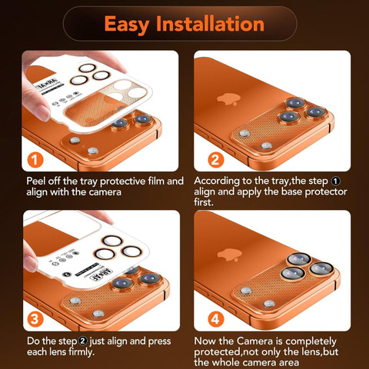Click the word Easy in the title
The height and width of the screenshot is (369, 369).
(x=127, y=25)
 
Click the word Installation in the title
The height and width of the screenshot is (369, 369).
(x=210, y=24)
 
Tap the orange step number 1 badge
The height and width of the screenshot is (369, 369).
(x=35, y=160)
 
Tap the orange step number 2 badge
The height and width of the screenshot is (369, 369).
(x=216, y=160)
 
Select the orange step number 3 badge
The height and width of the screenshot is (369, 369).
(x=35, y=319)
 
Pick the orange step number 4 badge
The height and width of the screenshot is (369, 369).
(x=216, y=319)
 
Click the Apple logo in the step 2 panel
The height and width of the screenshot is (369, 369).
(x=228, y=99)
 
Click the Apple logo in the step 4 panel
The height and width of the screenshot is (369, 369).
(x=230, y=254)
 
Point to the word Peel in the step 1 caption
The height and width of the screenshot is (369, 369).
(x=36, y=181)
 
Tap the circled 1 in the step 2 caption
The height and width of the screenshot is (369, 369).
(x=336, y=181)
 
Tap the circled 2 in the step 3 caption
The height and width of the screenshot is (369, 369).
(x=83, y=341)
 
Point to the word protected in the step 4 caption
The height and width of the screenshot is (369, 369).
(x=218, y=352)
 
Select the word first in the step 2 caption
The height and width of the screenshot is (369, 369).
(x=204, y=202)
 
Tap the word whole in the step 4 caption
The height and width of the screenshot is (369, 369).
(x=227, y=362)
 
